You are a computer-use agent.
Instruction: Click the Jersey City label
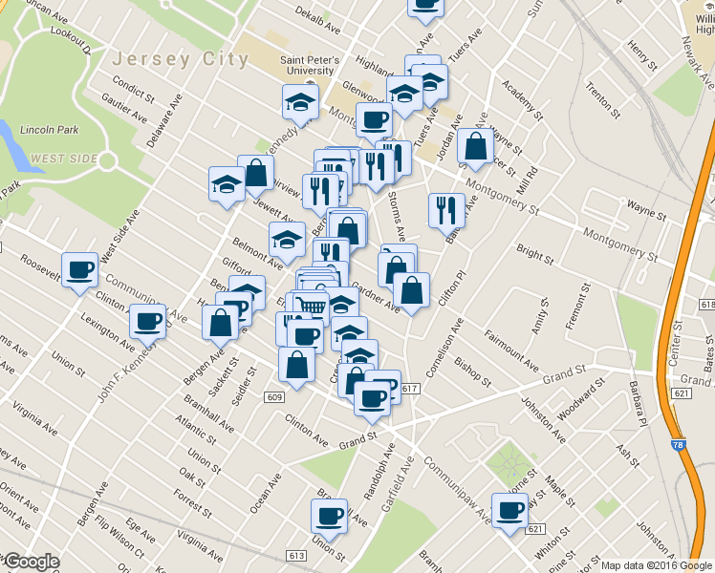[181, 58]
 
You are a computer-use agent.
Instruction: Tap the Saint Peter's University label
[307, 64]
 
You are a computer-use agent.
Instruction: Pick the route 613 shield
[295, 555]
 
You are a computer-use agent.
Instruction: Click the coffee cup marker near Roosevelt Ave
[79, 269]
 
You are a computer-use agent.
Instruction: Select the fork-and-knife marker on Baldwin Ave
[445, 209]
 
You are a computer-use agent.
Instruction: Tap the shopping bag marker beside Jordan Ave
[475, 145]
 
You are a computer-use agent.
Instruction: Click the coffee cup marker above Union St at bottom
[329, 516]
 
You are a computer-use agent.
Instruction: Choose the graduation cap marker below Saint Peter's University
[300, 101]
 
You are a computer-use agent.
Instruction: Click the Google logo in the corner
[32, 562]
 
